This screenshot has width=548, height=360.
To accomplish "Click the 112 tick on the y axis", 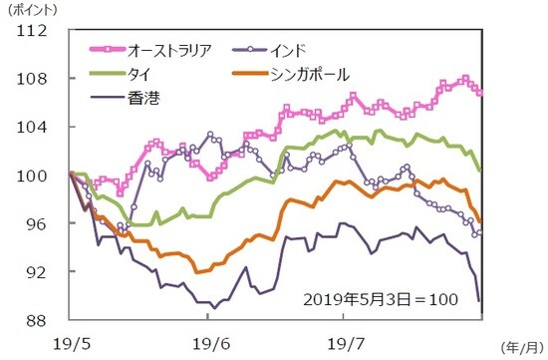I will (x=35, y=31).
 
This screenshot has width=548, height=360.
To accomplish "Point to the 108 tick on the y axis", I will (x=35, y=79).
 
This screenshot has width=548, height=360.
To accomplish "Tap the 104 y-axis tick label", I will (x=35, y=128).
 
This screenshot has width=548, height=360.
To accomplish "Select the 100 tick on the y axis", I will (x=35, y=176).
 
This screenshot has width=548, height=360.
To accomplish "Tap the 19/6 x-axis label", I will (x=208, y=342).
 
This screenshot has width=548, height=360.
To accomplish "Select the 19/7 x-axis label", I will (x=344, y=342).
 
